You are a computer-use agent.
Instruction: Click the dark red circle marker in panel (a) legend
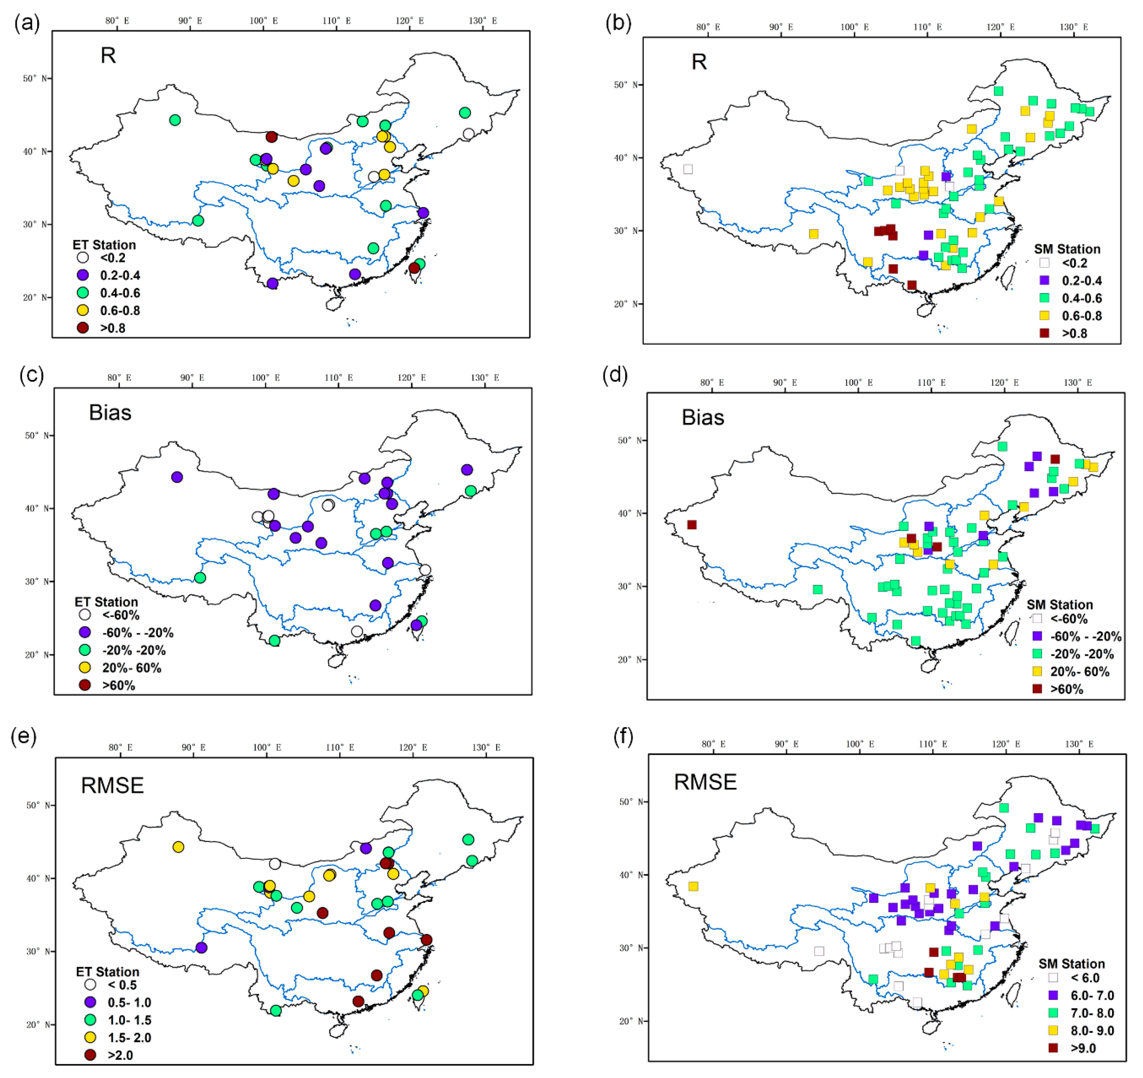pyautogui.click(x=83, y=328)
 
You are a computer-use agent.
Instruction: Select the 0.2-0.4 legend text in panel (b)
pyautogui.click(x=1082, y=281)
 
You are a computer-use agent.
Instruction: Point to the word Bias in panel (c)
pyautogui.click(x=110, y=413)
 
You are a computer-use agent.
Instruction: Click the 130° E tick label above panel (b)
pyautogui.click(x=1073, y=27)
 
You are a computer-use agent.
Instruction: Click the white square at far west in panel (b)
pyautogui.click(x=688, y=169)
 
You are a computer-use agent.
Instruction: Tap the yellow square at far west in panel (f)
pyautogui.click(x=693, y=886)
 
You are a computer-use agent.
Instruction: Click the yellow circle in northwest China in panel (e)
pyautogui.click(x=178, y=847)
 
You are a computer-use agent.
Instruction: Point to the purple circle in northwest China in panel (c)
pyautogui.click(x=177, y=477)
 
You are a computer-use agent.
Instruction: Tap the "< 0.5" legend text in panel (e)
pyautogui.click(x=122, y=985)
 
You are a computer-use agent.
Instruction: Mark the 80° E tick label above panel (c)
pyautogui.click(x=119, y=378)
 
